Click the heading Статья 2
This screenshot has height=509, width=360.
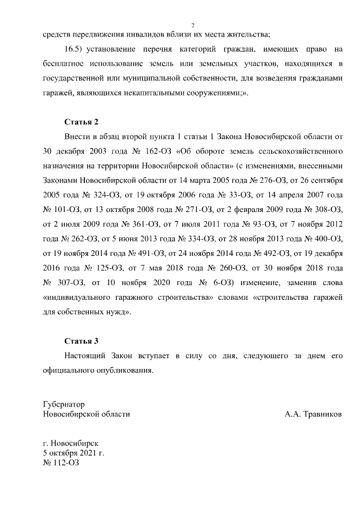click(x=82, y=121)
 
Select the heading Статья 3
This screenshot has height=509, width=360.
click(x=82, y=341)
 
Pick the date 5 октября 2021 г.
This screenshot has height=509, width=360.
click(x=74, y=452)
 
